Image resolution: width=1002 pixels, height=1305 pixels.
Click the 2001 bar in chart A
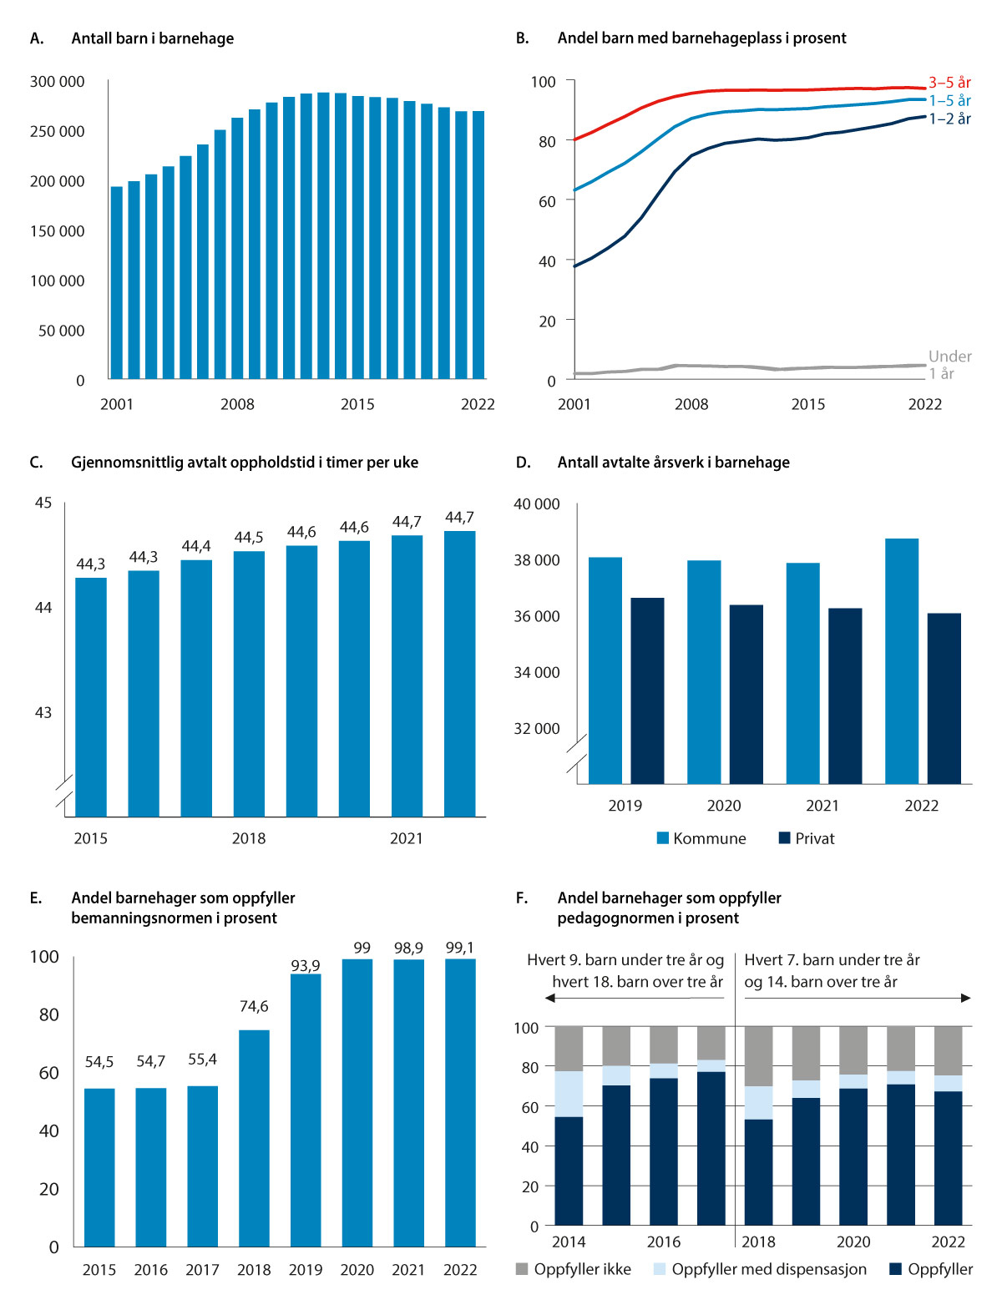pos(117,283)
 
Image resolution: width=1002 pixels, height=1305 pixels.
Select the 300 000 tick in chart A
pos(58,82)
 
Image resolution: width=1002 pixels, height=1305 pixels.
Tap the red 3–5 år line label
pos(949,83)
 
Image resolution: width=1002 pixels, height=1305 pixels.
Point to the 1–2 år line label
pos(949,119)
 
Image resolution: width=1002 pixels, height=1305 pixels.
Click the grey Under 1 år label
pos(949,365)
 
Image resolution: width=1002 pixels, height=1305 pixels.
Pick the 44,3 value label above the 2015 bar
pos(91,564)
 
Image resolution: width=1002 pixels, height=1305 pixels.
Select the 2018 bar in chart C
pos(249,684)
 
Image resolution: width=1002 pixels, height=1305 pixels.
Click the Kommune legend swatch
pos(663,838)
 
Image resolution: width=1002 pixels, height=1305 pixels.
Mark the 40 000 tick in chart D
pos(537,504)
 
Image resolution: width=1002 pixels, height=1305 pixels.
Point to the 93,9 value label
pos(306,966)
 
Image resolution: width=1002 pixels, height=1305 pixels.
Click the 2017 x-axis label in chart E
pos(202,1270)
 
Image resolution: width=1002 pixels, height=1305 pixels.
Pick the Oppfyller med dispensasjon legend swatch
pos(660,1269)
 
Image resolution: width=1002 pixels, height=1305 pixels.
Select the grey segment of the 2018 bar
pos(758,1056)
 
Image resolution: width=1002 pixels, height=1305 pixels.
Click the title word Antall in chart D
pos(579,463)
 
